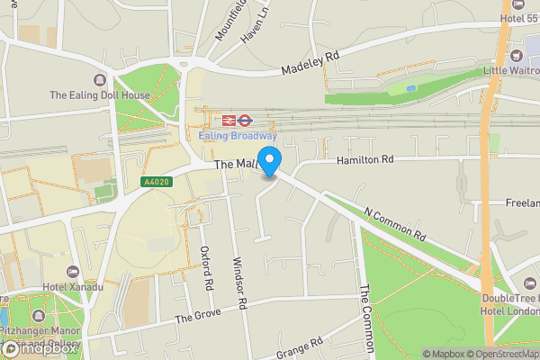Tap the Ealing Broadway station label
pos(238,136)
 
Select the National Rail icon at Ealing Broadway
pos(245,119)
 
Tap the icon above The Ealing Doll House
pos(99,80)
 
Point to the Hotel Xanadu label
pos(72,287)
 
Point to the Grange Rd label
pos(301,347)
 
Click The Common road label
pos(366,319)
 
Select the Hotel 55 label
pos(523,18)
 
